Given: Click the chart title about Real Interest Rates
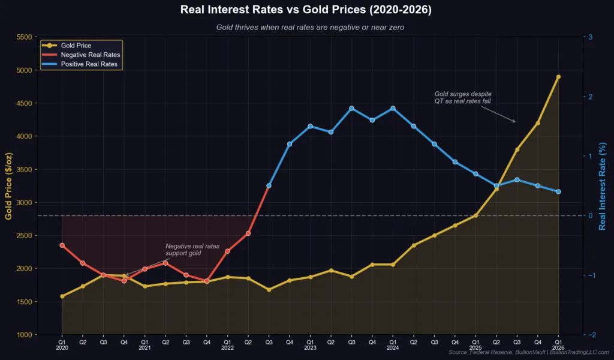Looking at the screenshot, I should click(306, 10).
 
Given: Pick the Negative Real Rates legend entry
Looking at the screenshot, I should click(91, 54).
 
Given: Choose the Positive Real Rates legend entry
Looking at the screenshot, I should click(89, 63).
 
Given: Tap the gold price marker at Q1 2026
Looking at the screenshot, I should click(558, 77).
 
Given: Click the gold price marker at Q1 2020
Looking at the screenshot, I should click(62, 296).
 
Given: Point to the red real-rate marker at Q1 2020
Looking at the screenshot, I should click(62, 245).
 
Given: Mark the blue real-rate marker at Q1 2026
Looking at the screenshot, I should click(558, 191).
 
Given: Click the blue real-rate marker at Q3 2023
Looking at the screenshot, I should click(351, 109).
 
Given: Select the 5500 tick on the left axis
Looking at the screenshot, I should click(27, 37).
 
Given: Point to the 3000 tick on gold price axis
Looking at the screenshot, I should click(27, 202).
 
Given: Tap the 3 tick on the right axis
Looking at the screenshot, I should click(590, 37).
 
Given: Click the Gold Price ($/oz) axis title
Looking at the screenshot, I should click(9, 186).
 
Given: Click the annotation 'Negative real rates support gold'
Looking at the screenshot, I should click(192, 250).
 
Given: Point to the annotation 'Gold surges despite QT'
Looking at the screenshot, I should click(462, 98).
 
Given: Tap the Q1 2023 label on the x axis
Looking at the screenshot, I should click(310, 344).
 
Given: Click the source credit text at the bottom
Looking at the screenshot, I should click(528, 353).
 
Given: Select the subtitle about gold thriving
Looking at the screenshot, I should click(306, 27).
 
